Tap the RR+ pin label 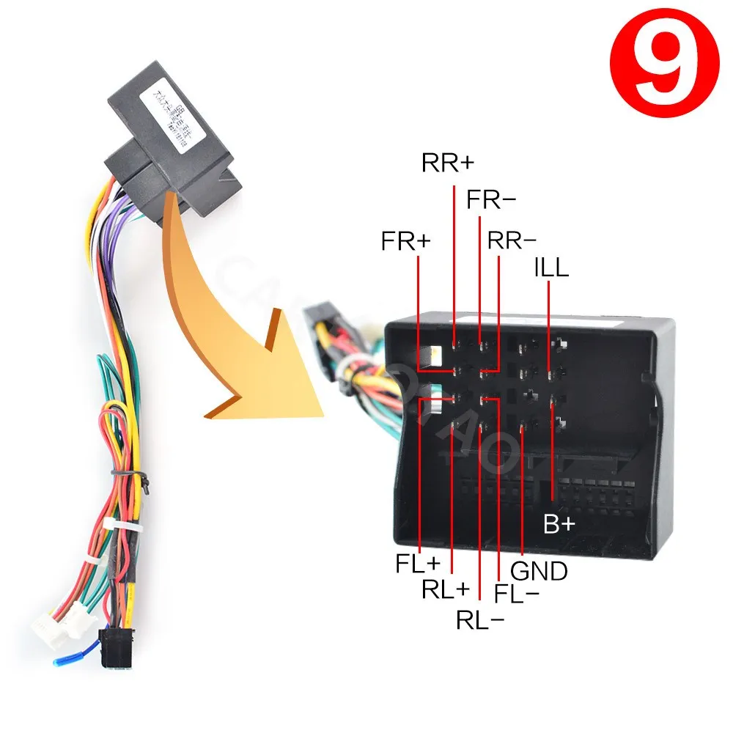pyautogui.click(x=449, y=163)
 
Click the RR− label pyautogui.click(x=512, y=240)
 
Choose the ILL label pyautogui.click(x=550, y=268)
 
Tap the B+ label pyautogui.click(x=560, y=524)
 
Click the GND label pyautogui.click(x=539, y=571)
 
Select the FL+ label pyautogui.click(x=419, y=564)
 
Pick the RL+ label pyautogui.click(x=445, y=589)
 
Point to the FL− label pyautogui.click(x=517, y=593)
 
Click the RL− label pyautogui.click(x=480, y=620)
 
